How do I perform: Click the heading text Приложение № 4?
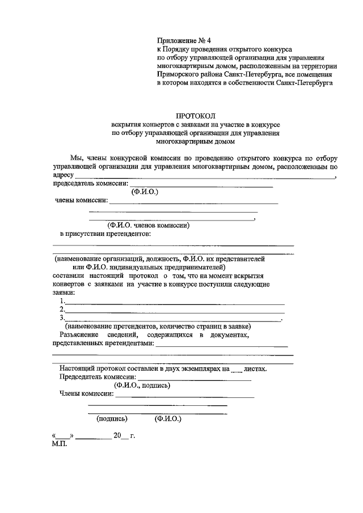pos(183,41)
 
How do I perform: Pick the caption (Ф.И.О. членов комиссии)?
pos(149,225)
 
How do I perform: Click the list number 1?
pos(62,301)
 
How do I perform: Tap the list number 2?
pos(62,310)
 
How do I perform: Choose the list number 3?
pos(62,318)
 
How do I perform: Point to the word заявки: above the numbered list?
pos(64,292)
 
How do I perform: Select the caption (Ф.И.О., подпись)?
pos(142,385)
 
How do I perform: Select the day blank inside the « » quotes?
pos(63,436)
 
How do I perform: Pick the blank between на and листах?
pos(237,368)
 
